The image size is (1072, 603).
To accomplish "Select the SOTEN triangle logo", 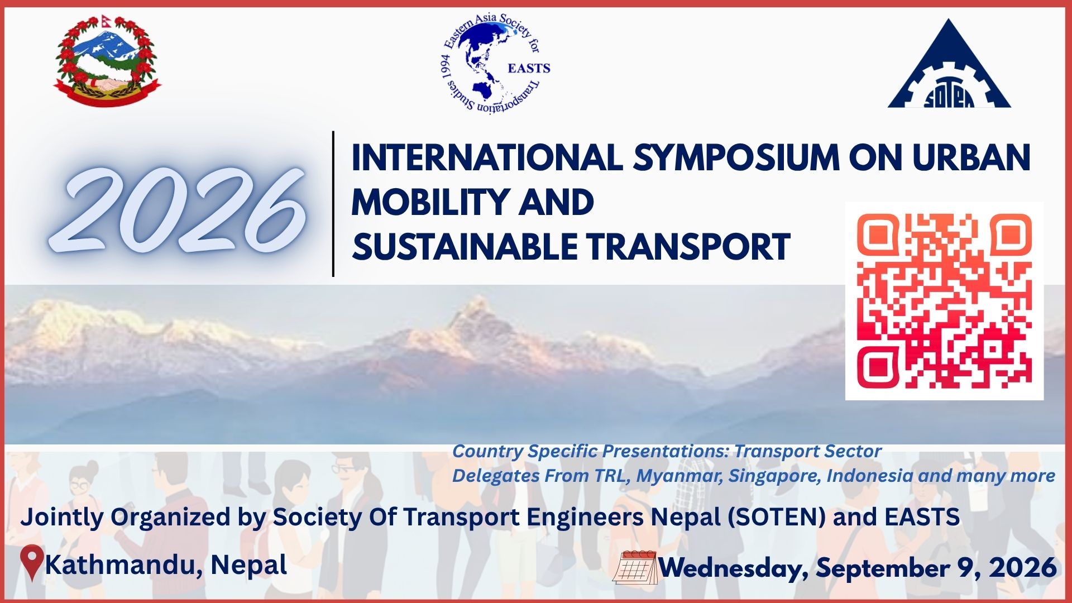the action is (x=949, y=64).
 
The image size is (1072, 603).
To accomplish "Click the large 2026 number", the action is (x=179, y=209).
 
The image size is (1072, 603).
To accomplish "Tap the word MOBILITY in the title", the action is (x=430, y=203).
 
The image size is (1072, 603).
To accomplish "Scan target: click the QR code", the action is (x=944, y=301).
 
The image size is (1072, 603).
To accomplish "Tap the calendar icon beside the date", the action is (x=635, y=567).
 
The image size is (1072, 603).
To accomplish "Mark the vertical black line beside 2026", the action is (x=333, y=204).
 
